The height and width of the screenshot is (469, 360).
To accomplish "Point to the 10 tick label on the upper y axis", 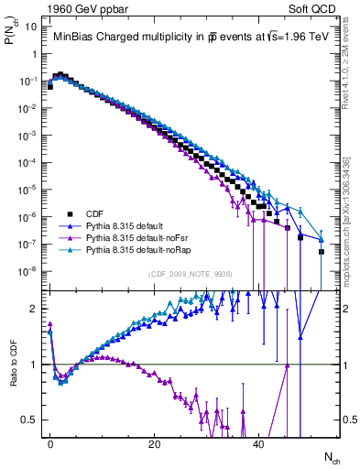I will (x=30, y=27).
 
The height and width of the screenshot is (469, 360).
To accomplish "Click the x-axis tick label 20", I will (x=155, y=444).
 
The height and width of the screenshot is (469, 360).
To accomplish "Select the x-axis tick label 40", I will (x=258, y=444).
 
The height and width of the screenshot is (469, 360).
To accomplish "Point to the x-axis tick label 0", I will (x=50, y=444).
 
